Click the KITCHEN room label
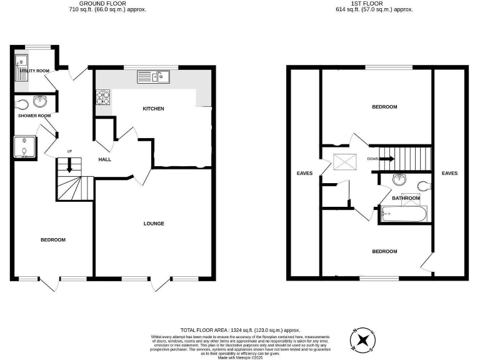pyautogui.click(x=153, y=109)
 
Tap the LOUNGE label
pyautogui.click(x=154, y=223)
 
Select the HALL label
pyautogui.click(x=105, y=159)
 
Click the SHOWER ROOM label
pyautogui.click(x=34, y=116)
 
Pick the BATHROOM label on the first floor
pyautogui.click(x=406, y=198)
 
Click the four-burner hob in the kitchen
pyautogui.click(x=102, y=97)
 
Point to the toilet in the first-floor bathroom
pyautogui.click(x=422, y=185)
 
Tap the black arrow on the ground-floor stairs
pyautogui.click(x=69, y=166)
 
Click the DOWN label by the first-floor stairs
pyautogui.click(x=372, y=159)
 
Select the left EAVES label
pyautogui.click(x=304, y=173)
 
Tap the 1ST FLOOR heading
pyautogui.click(x=366, y=4)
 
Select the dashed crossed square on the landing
pyautogui.click(x=344, y=161)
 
